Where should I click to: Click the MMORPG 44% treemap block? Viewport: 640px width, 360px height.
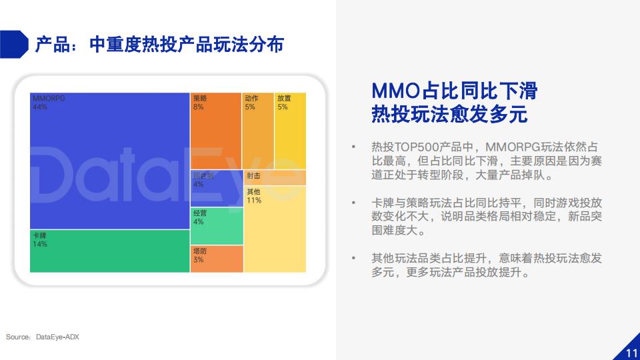point(110,161)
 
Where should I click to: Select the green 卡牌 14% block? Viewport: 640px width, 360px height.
point(110,251)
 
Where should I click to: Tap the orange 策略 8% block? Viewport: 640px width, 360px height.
point(216,131)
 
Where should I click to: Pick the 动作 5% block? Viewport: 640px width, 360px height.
point(258,131)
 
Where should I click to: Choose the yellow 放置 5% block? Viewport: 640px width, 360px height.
point(290,131)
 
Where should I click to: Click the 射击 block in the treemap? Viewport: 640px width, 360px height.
point(275,177)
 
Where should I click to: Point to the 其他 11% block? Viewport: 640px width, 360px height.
point(275,229)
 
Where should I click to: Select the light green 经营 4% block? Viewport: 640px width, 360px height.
point(217,226)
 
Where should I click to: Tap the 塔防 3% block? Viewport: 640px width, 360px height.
point(217,259)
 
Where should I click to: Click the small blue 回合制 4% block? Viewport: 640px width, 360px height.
point(217,188)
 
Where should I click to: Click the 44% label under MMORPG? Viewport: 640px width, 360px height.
point(40,107)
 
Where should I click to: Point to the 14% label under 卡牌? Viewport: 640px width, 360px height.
point(40,244)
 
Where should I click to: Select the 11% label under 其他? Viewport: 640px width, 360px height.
point(254,201)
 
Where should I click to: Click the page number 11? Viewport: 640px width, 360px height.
point(632,353)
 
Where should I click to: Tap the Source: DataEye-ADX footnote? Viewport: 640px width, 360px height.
point(43,337)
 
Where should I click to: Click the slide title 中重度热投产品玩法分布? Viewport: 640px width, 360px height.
point(187,45)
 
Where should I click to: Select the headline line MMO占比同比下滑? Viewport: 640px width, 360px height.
point(454,91)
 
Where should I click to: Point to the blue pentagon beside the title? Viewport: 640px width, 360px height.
point(14,44)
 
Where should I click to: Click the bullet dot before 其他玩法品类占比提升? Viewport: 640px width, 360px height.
point(353,258)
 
